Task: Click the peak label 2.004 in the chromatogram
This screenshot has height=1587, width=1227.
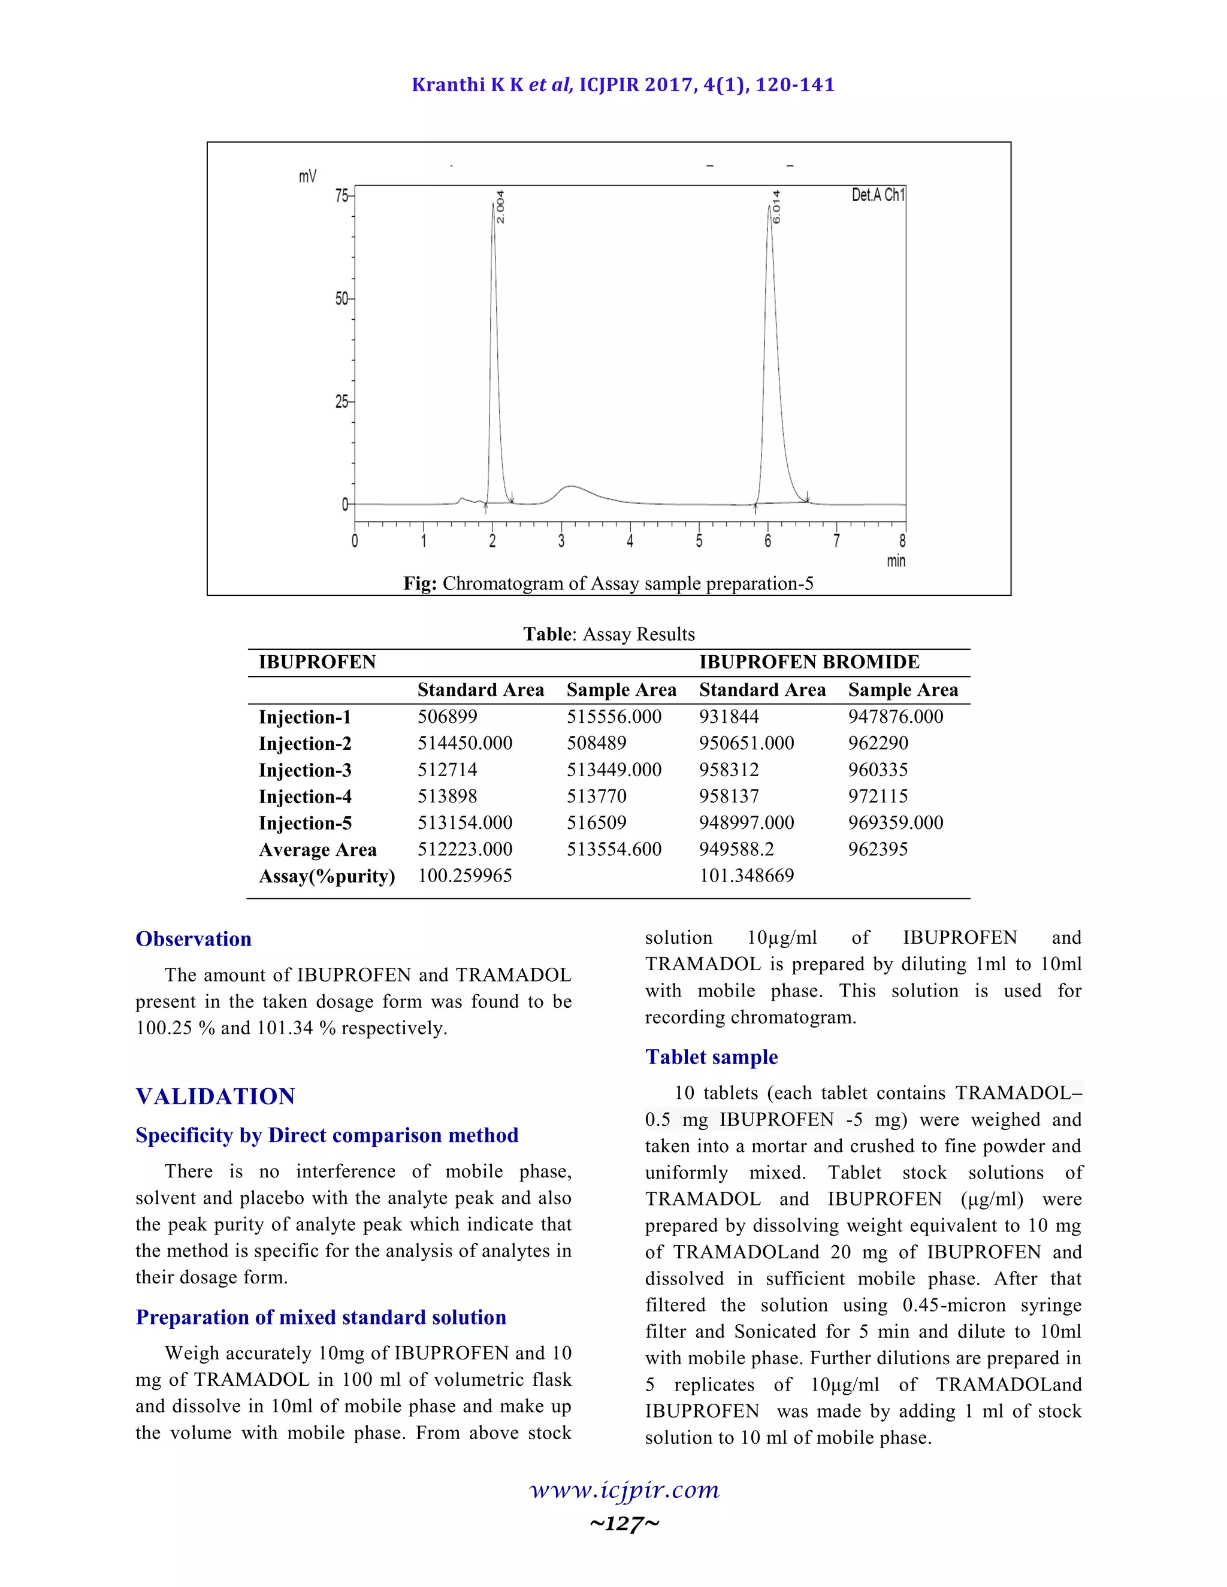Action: [500, 207]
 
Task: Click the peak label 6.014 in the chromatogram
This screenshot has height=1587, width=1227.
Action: [776, 207]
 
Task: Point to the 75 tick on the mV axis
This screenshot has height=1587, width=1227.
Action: [341, 195]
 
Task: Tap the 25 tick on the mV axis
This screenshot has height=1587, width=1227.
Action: [341, 401]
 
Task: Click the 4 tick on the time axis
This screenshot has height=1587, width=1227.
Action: [630, 541]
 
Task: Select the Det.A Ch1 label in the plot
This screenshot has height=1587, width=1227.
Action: [878, 195]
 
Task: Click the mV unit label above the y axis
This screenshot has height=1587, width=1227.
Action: [307, 177]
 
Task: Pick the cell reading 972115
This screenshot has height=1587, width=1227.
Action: [878, 796]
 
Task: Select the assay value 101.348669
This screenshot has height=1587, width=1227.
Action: [747, 876]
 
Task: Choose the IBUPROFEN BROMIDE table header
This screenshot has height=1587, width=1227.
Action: [809, 662]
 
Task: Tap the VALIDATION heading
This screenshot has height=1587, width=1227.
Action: [215, 1097]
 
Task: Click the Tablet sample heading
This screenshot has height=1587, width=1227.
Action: [711, 1057]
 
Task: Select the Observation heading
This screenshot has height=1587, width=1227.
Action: [194, 939]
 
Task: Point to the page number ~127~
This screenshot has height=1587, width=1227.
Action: [624, 1523]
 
